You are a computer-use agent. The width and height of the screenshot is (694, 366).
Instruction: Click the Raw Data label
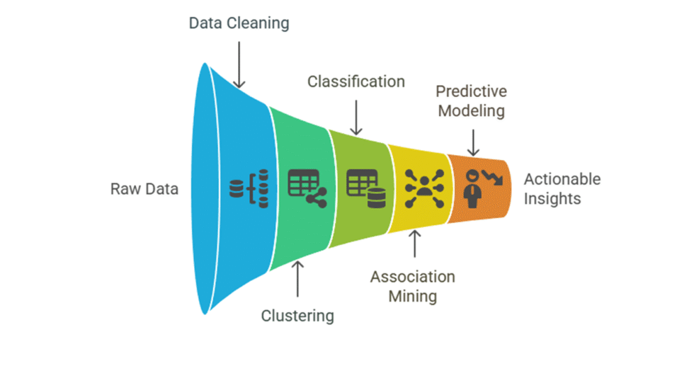[x=144, y=189]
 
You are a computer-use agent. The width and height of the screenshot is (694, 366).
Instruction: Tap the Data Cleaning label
[x=239, y=23]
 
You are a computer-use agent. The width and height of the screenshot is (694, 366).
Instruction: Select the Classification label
[x=355, y=81]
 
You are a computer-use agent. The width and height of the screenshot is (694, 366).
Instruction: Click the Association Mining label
[x=413, y=285]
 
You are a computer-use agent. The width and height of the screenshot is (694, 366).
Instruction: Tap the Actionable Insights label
[x=562, y=189]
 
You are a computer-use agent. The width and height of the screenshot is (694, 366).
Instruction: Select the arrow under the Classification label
[x=355, y=116]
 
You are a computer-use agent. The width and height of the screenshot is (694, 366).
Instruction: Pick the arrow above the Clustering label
[x=297, y=278]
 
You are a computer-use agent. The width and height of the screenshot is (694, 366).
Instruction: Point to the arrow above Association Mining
[x=414, y=244]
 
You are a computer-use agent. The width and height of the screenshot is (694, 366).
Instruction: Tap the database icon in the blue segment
[x=249, y=189]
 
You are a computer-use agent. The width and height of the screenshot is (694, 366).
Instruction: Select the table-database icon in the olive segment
[x=365, y=188]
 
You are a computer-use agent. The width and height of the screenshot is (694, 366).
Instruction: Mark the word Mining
[x=413, y=294]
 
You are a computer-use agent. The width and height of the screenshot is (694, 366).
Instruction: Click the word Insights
[x=552, y=198]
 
